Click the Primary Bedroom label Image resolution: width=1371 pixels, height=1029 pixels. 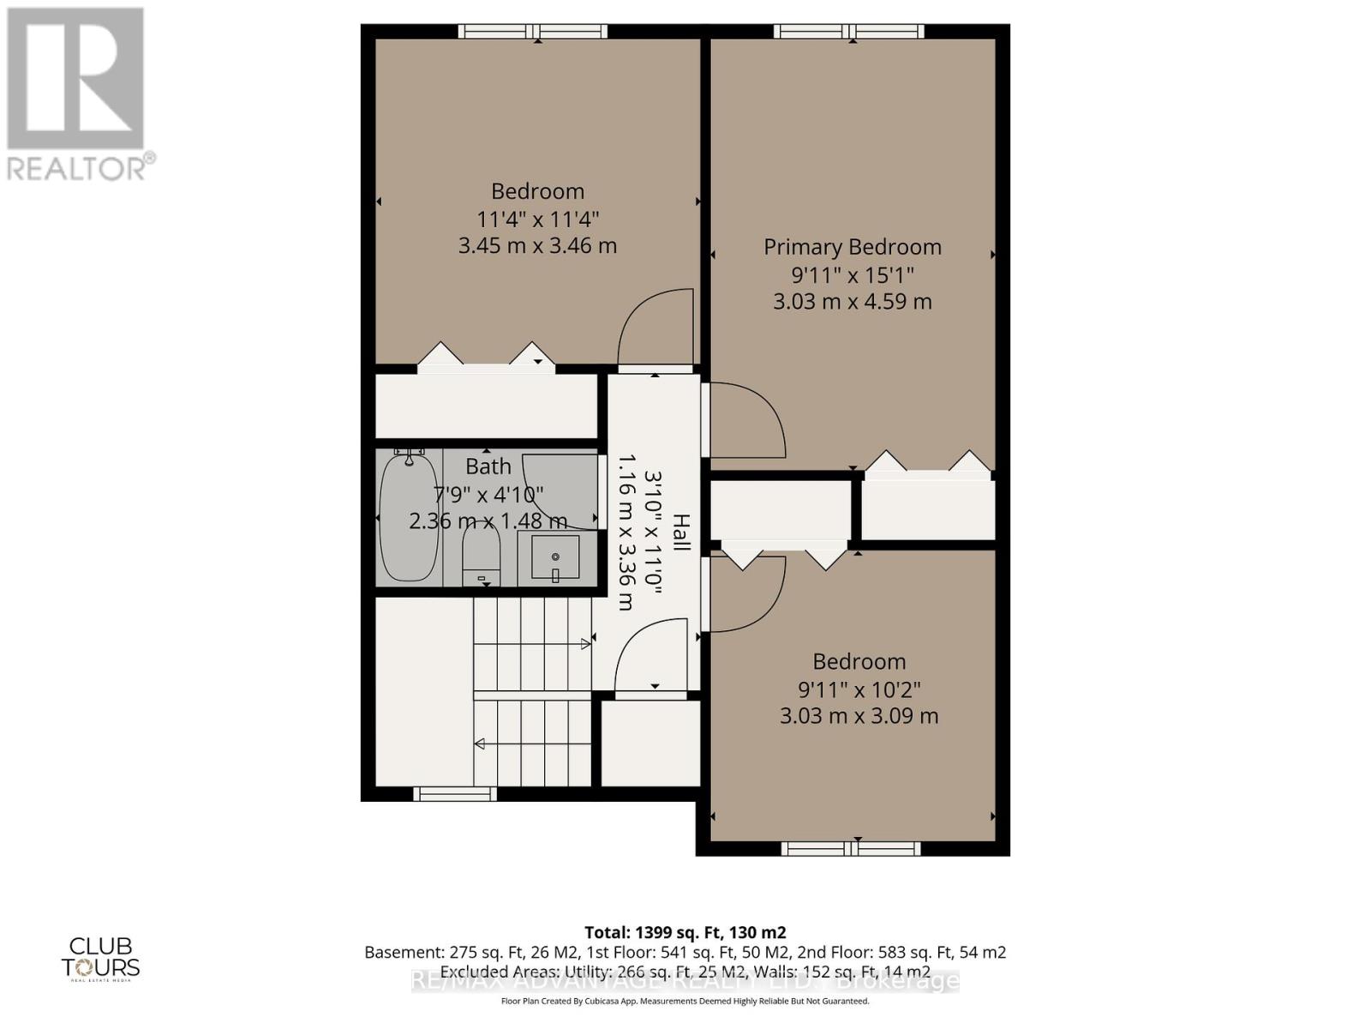(x=852, y=247)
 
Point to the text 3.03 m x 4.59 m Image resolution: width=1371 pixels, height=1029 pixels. (x=852, y=302)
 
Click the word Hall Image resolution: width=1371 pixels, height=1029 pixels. (x=681, y=532)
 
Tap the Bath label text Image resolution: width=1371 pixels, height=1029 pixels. (x=488, y=466)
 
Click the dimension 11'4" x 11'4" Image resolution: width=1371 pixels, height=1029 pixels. (x=537, y=219)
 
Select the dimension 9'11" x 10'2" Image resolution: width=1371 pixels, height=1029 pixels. (x=859, y=689)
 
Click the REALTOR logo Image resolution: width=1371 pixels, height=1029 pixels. (x=77, y=94)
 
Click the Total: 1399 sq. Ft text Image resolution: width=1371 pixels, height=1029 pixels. (x=685, y=932)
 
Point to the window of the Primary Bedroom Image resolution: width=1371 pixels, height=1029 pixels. (x=848, y=32)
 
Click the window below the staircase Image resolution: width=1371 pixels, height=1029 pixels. (x=455, y=794)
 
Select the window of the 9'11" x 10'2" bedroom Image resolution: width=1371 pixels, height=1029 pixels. (x=851, y=849)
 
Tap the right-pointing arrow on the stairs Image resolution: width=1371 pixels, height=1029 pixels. (x=586, y=643)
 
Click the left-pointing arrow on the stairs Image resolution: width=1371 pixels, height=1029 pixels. (x=480, y=743)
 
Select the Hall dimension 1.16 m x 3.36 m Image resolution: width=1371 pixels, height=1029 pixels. (x=626, y=532)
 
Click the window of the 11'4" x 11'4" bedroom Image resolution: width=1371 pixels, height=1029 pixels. (x=532, y=32)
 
